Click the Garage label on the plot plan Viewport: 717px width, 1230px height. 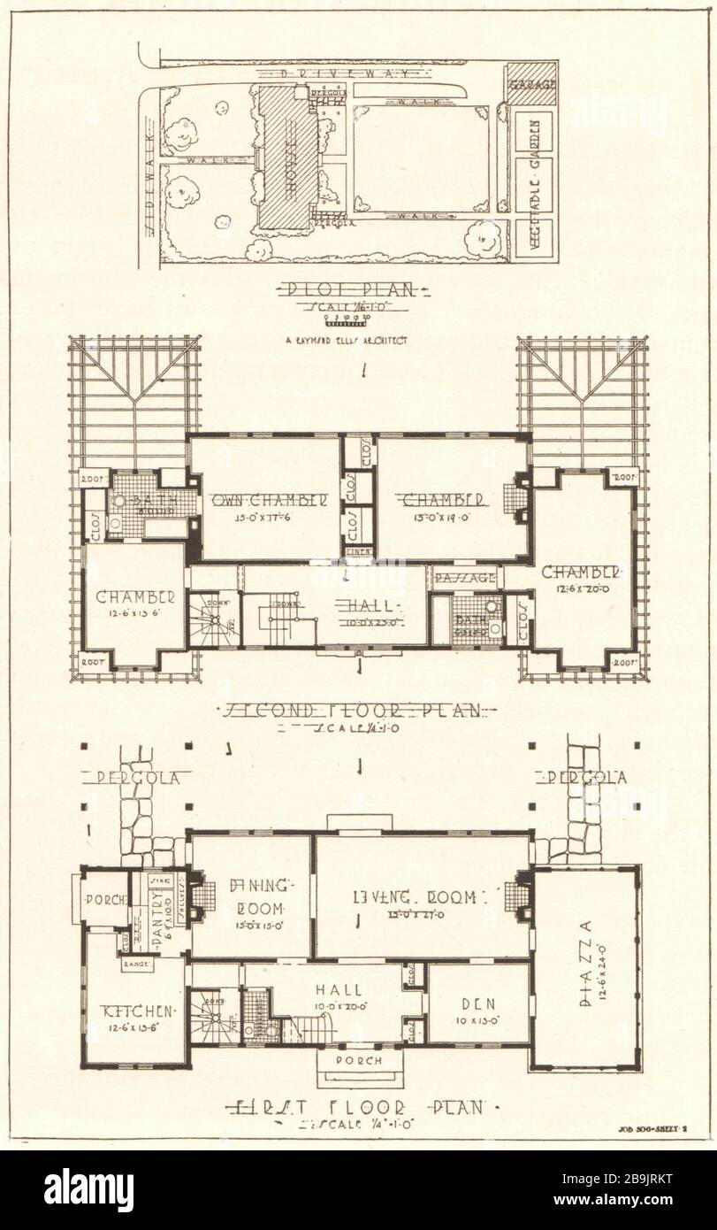pyautogui.click(x=531, y=85)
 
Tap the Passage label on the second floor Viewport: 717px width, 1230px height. pyautogui.click(x=463, y=577)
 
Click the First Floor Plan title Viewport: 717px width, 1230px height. pyautogui.click(x=358, y=1107)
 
